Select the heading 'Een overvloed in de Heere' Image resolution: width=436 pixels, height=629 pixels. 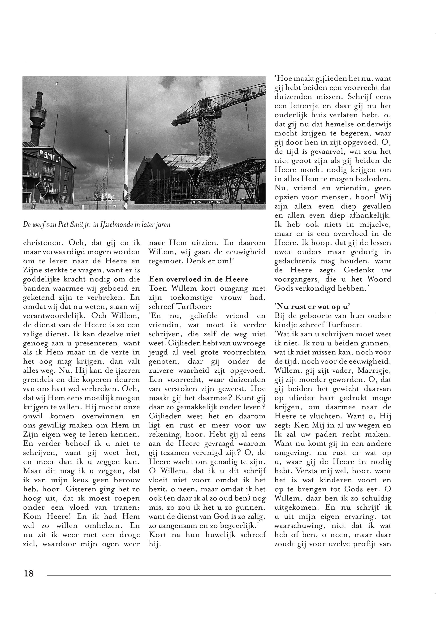point(198,279)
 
